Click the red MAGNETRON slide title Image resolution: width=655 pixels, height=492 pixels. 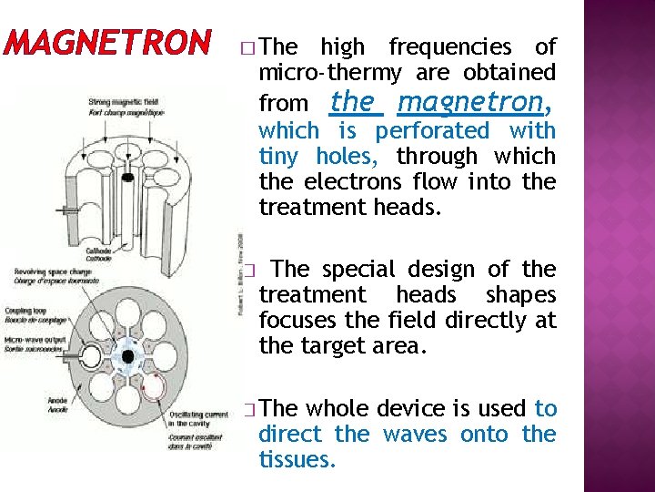tap(107, 42)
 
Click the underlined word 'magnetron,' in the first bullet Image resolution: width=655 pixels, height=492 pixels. tap(476, 100)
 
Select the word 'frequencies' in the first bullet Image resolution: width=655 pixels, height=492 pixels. tap(450, 46)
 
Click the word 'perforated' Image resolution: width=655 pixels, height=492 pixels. tap(432, 130)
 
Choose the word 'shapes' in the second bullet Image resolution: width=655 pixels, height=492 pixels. tap(520, 294)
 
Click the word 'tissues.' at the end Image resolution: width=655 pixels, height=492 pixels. tap(297, 459)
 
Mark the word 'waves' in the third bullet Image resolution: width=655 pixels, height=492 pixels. tap(415, 434)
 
